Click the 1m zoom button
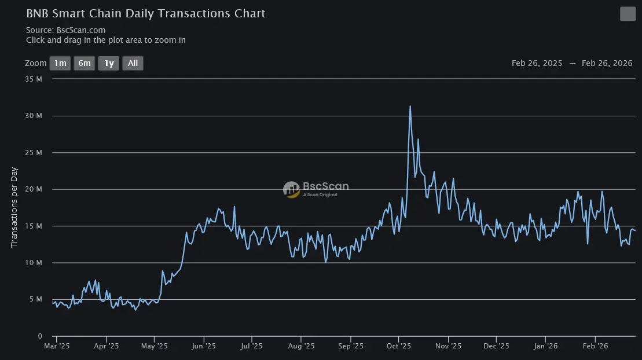pyautogui.click(x=60, y=63)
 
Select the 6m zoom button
pyautogui.click(x=85, y=63)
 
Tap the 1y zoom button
pyautogui.click(x=109, y=63)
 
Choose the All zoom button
pyautogui.click(x=133, y=63)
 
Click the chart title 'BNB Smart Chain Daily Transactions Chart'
pyautogui.click(x=146, y=13)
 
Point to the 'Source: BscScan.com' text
pyautogui.click(x=65, y=30)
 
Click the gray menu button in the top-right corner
pyautogui.click(x=628, y=14)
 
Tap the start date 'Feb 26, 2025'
pyautogui.click(x=537, y=64)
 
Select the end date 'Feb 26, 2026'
pyautogui.click(x=607, y=64)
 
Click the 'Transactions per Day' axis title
pyautogui.click(x=14, y=207)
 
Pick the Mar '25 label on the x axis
pyautogui.click(x=57, y=346)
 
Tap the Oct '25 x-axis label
pyautogui.click(x=398, y=346)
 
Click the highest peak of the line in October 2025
pyautogui.click(x=410, y=106)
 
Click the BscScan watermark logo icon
pyautogui.click(x=291, y=189)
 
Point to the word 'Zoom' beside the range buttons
pyautogui.click(x=35, y=63)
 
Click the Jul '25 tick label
pyautogui.click(x=251, y=346)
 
